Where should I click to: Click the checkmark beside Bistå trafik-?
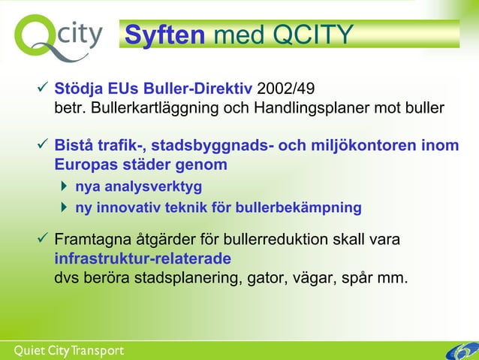[x=43, y=144]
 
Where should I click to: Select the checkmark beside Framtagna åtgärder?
[x=43, y=241]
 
